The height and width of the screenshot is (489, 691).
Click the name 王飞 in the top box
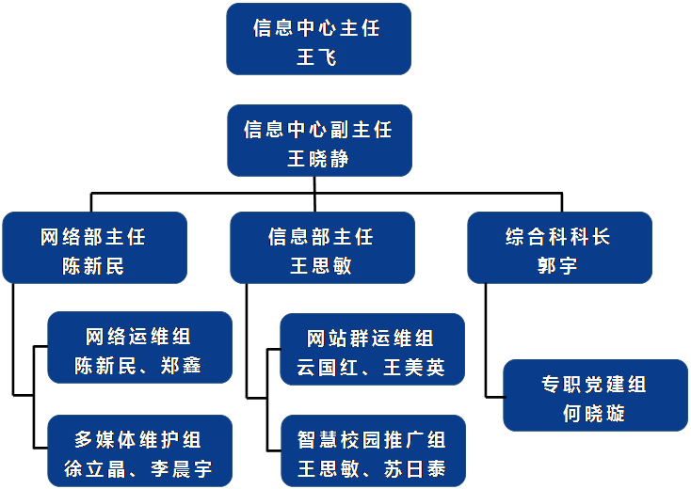click(317, 57)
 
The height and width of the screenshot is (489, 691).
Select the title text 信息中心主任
click(317, 28)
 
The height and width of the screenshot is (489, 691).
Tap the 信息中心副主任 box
click(319, 140)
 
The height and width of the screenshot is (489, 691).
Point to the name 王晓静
click(318, 158)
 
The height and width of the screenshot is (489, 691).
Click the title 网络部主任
click(93, 236)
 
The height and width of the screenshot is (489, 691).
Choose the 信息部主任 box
click(322, 247)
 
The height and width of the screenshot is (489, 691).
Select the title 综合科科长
click(558, 236)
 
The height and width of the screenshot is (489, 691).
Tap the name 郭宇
click(558, 265)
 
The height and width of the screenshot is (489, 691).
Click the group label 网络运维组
click(138, 337)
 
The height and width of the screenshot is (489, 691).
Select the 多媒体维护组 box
click(138, 450)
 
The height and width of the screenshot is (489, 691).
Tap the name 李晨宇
click(181, 468)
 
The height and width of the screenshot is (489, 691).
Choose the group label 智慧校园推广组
click(371, 440)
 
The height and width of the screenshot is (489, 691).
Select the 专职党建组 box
click(595, 395)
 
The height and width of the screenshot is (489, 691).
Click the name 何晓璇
click(594, 413)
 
